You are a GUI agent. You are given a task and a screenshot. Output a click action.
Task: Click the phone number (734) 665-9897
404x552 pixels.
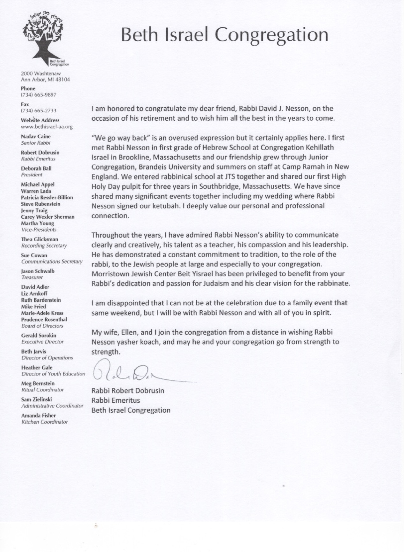tap(39, 95)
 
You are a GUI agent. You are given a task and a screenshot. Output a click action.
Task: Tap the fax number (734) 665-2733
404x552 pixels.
tap(39, 111)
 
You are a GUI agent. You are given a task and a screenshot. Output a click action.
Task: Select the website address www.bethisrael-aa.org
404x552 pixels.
tap(47, 127)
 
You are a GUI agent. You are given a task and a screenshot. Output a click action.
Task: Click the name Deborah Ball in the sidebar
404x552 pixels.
tap(36, 168)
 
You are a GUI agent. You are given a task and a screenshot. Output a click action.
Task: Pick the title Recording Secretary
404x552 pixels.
tap(44, 246)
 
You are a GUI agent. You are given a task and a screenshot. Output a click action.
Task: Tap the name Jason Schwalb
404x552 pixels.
tap(38, 271)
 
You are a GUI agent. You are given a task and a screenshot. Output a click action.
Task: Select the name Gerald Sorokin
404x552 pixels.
tap(39, 336)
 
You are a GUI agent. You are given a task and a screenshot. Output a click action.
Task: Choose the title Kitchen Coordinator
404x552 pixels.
tap(45, 422)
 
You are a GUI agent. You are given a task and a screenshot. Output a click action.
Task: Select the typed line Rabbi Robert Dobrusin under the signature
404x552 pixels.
tap(128, 391)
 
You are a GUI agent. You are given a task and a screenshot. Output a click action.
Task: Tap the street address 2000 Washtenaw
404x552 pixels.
tap(41, 74)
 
